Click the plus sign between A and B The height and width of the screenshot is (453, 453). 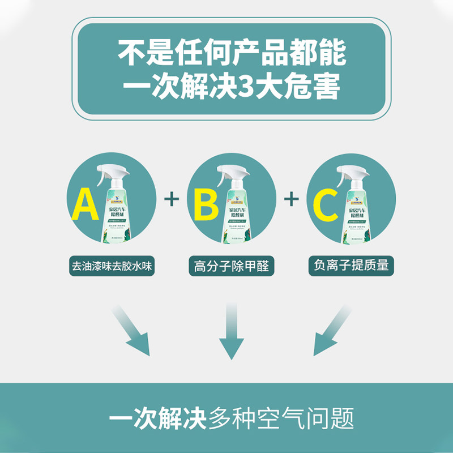pos(171,199)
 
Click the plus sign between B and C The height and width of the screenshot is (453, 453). pos(291,199)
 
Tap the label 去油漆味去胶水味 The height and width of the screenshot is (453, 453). pos(113,264)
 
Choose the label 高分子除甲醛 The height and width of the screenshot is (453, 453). pos(232,265)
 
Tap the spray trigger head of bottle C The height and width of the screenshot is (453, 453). pos(345,169)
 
